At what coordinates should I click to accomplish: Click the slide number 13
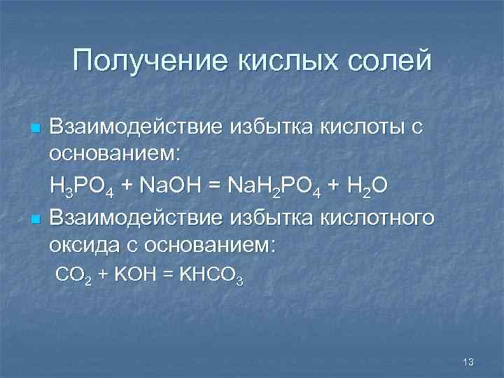pyautogui.click(x=469, y=362)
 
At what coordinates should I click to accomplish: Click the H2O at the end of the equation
pyautogui.click(x=368, y=186)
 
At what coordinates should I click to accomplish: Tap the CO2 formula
pyautogui.click(x=71, y=275)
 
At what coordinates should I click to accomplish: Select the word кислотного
pyautogui.click(x=377, y=218)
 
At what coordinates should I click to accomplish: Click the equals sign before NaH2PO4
pyautogui.click(x=217, y=185)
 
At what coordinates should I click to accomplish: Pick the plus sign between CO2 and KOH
pyautogui.click(x=101, y=274)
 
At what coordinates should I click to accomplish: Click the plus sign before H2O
pyautogui.click(x=332, y=185)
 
